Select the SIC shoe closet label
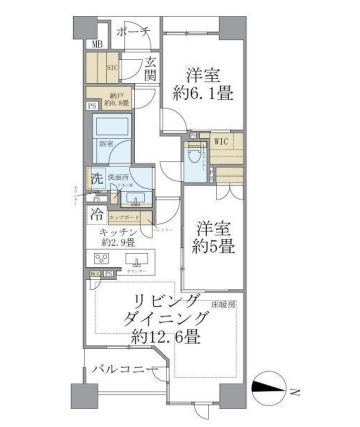pos(113,67)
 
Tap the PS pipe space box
pos(91,106)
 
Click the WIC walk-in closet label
pos(220,142)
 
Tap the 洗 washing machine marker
pos(97,181)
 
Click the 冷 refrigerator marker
pos(97,213)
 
